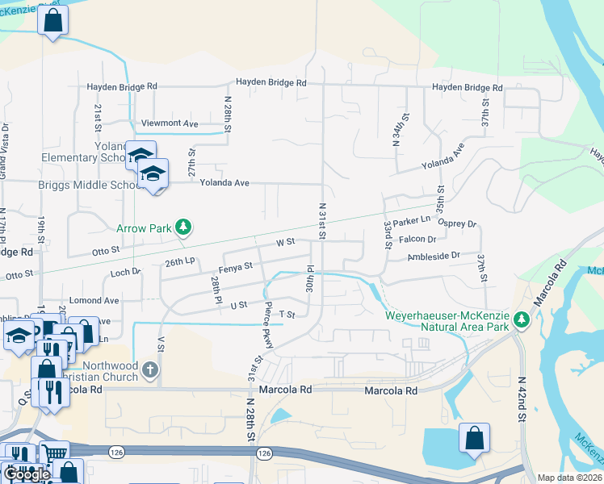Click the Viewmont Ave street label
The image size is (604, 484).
click(x=170, y=123)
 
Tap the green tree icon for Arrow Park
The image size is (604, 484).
click(x=184, y=227)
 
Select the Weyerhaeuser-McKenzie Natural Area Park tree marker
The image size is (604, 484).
click(x=522, y=320)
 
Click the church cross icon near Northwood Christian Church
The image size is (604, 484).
click(x=149, y=369)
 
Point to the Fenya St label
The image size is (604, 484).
click(x=236, y=265)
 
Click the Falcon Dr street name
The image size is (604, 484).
click(x=417, y=239)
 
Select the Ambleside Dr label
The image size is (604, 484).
click(x=434, y=255)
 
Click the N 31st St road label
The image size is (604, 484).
click(x=322, y=220)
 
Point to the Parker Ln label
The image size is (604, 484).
click(x=414, y=219)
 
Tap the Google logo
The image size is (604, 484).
click(x=27, y=474)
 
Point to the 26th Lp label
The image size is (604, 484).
click(x=181, y=262)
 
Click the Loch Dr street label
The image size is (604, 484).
click(x=125, y=273)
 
